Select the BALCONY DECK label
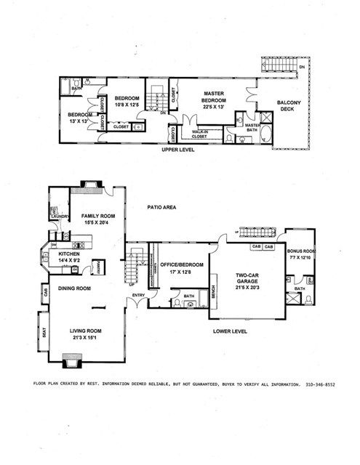[292, 108]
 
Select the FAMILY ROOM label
[97, 217]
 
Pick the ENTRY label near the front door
[138, 294]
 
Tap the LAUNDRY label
[59, 217]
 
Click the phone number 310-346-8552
[324, 383]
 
